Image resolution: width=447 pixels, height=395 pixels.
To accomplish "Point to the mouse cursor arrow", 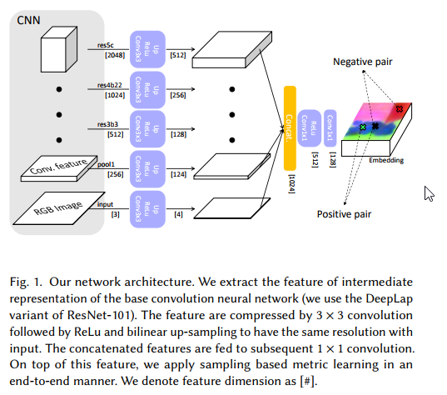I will (428, 193).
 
